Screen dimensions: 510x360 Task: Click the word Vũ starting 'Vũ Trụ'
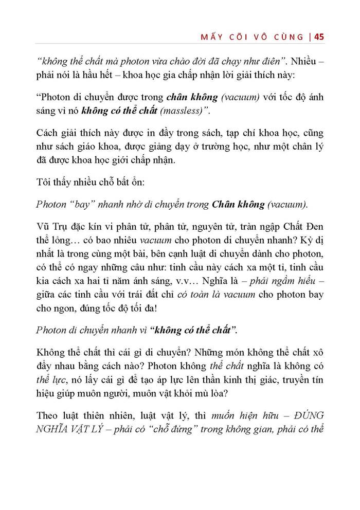[x=44, y=227]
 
